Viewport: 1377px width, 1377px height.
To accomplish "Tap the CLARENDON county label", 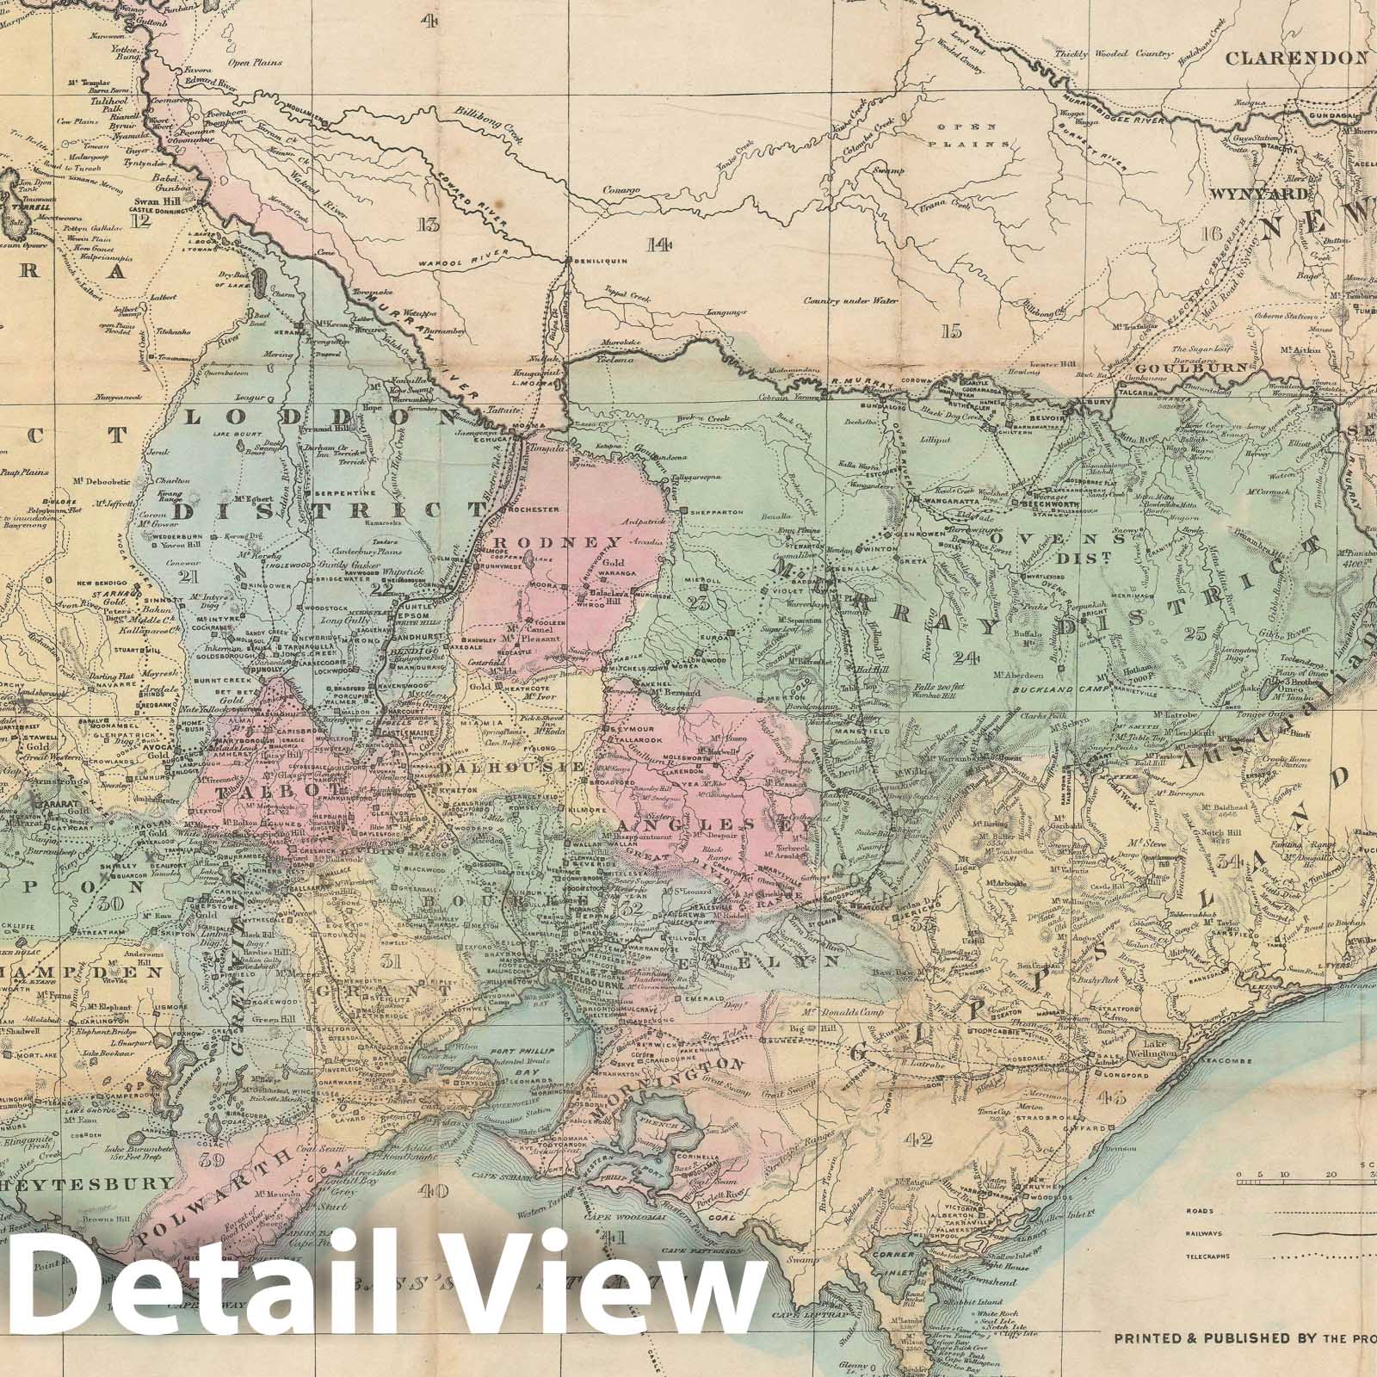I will coord(1295,59).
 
